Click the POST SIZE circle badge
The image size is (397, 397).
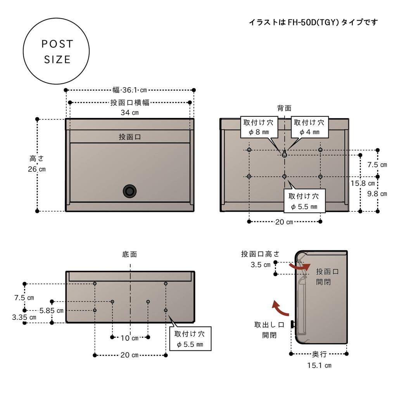click(57, 51)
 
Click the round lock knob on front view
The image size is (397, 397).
click(129, 191)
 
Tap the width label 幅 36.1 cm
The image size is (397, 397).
click(129, 90)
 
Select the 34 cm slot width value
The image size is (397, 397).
click(129, 113)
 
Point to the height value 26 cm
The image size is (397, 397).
click(36, 169)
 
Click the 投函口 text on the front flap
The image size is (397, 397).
click(129, 137)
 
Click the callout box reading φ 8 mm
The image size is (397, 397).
click(258, 127)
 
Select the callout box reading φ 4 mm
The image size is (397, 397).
click(309, 127)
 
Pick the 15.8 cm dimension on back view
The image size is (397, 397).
click(362, 183)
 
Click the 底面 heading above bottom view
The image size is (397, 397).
click(129, 255)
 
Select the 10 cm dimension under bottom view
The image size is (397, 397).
click(129, 338)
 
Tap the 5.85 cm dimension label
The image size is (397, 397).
click(52, 311)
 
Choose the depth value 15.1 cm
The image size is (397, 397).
click(319, 365)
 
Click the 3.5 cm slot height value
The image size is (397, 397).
click(261, 265)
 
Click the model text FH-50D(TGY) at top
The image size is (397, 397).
click(313, 22)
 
